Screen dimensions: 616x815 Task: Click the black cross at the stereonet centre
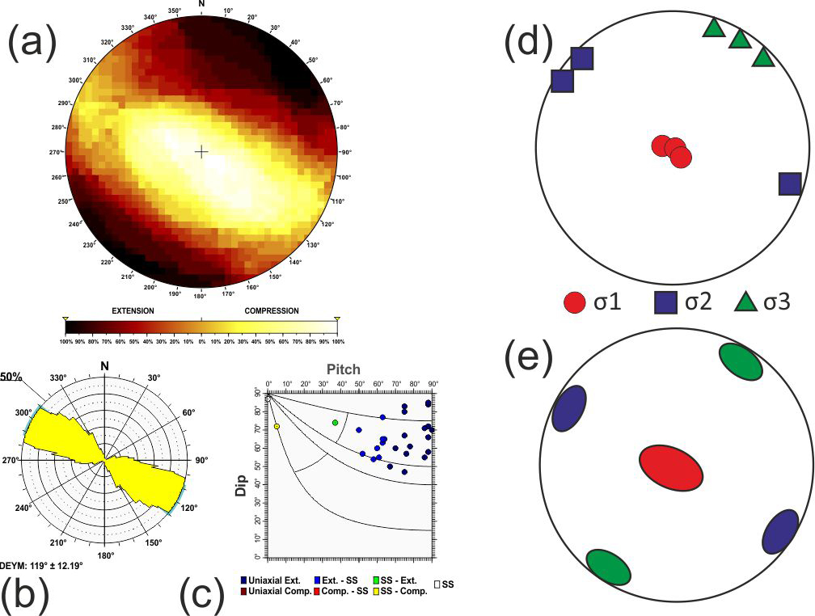pos(201,151)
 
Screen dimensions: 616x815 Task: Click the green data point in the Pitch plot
pos(335,423)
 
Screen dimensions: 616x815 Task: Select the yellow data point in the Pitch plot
pos(277,426)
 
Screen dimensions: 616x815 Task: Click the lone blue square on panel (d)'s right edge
pos(790,184)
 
